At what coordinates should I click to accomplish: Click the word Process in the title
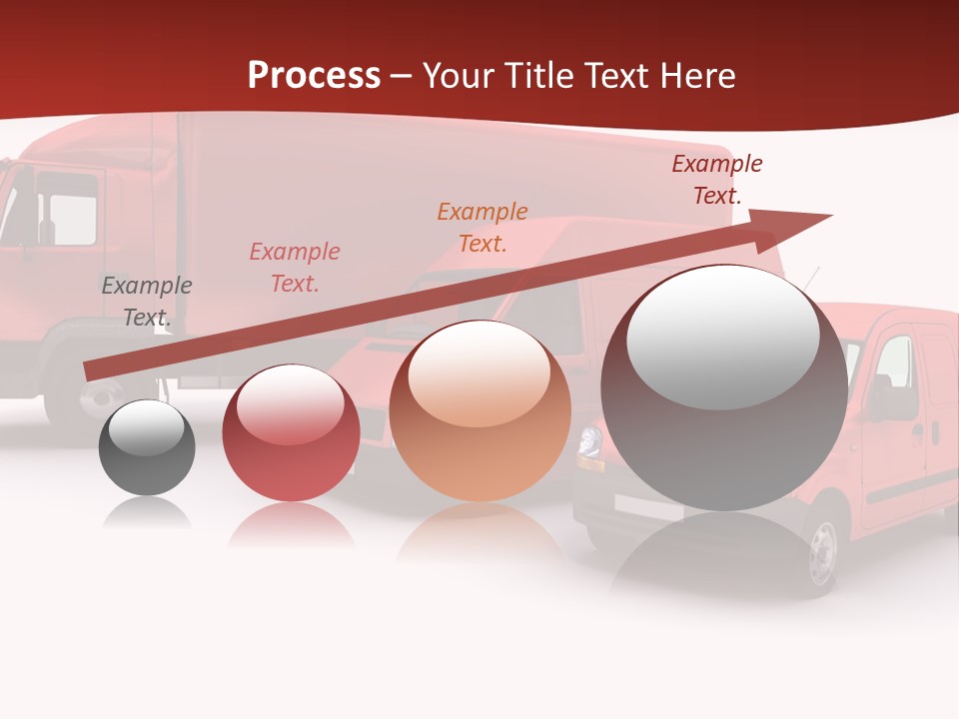(314, 76)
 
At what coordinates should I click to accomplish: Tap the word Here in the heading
(697, 76)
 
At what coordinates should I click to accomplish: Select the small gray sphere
(147, 447)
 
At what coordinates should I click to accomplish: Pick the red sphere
(291, 434)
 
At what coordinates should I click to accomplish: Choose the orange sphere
(479, 411)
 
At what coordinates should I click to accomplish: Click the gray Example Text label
(147, 302)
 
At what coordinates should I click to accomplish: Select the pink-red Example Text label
(295, 268)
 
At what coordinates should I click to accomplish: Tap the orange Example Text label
(482, 228)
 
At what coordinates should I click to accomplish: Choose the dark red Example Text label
(717, 180)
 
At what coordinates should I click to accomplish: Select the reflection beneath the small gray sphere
(147, 513)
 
